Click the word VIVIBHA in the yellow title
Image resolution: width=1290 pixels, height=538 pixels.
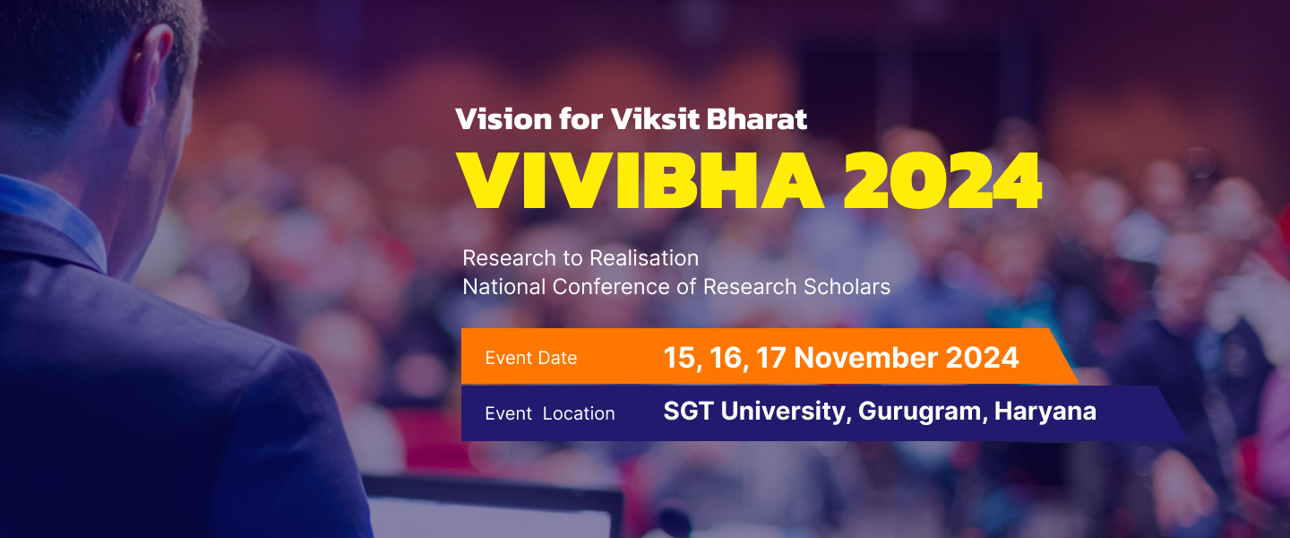641,180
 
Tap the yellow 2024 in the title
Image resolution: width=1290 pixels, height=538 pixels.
942,180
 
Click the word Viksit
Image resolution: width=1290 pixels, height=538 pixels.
656,118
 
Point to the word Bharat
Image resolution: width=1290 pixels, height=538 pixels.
757,118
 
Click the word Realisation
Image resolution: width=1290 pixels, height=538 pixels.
644,257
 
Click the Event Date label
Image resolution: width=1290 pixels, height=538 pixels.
531,358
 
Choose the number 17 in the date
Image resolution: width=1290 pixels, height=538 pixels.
770,358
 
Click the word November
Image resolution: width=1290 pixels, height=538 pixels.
866,358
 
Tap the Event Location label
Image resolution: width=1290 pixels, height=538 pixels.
550,413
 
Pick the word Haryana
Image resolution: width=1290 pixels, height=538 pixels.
1045,412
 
